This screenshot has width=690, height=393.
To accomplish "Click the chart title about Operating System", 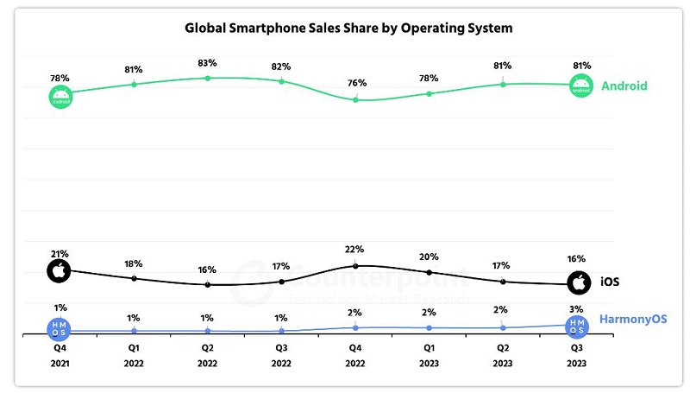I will [348, 28].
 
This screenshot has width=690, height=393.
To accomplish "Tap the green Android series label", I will [624, 86].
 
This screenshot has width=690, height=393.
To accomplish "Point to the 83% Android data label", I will [207, 63].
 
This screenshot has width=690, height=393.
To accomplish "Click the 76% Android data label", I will [357, 83].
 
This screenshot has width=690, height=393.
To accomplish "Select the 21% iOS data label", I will [60, 254].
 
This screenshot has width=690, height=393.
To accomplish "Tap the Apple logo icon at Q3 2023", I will [579, 282].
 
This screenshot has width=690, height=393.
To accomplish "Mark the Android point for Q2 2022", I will [208, 79].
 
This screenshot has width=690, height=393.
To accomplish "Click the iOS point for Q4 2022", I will [355, 266].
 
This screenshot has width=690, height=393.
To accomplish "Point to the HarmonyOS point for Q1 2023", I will [429, 328].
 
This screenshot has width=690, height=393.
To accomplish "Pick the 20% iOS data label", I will [429, 257].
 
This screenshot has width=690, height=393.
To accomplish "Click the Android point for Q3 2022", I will [281, 81].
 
